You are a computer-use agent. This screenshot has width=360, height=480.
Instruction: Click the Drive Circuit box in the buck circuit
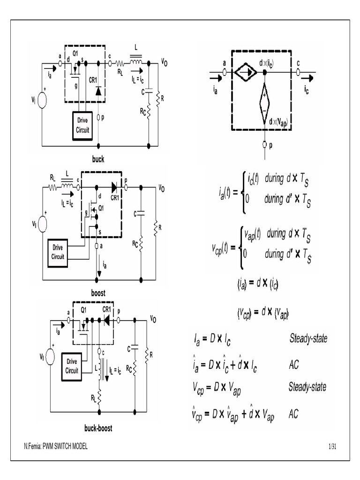83,126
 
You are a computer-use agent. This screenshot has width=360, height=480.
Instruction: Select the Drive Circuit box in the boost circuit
58,252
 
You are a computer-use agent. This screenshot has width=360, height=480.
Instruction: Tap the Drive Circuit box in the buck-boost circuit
72,366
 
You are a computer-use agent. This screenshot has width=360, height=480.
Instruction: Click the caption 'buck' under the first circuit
98,159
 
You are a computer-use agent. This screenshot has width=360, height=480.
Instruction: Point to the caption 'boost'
98,293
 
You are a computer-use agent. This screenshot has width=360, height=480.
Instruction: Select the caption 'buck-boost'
98,428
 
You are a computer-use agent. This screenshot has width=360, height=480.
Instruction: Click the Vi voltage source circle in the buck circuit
42,101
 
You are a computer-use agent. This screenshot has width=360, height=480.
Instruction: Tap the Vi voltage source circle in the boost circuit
42,224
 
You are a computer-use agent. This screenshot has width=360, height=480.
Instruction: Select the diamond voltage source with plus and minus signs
265,101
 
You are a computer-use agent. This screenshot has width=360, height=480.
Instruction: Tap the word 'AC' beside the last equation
294,414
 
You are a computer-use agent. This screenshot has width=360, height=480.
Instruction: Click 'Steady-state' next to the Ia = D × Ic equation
308,338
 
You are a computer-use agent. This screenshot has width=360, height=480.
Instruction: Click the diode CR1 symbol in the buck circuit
98,91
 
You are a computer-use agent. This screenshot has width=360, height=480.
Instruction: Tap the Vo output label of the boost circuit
161,188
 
